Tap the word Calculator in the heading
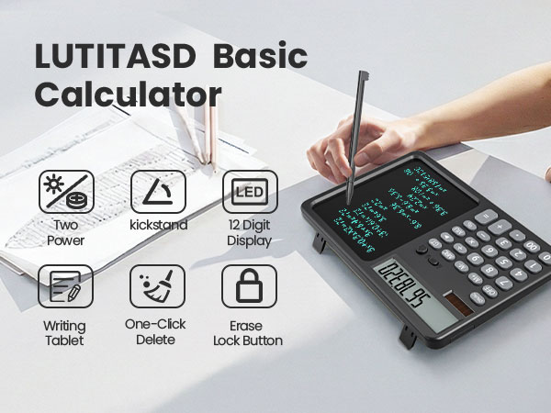[128, 95]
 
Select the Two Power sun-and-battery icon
[66, 191]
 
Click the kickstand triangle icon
[157, 191]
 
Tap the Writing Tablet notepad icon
[65, 286]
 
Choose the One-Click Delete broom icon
[157, 286]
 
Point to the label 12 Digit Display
[249, 233]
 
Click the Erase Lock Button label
[248, 332]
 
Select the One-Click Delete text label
[157, 331]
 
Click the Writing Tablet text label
[64, 333]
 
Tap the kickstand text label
[157, 225]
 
